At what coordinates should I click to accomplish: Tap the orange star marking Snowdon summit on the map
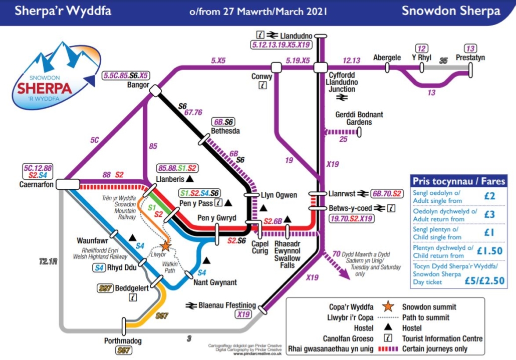coord(165,246)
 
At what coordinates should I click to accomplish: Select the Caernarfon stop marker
coord(65,185)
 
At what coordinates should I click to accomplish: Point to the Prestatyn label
coord(470,58)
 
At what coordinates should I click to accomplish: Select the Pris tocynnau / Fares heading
coord(458,181)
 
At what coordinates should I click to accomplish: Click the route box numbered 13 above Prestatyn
coord(470,49)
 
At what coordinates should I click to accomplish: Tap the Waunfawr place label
coord(93,240)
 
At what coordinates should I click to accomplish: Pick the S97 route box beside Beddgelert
coord(105,288)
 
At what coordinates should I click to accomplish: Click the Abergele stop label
coord(387,58)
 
